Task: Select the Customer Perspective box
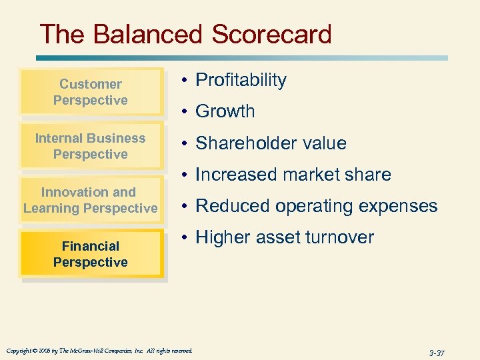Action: tap(91, 92)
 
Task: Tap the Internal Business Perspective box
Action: tap(91, 146)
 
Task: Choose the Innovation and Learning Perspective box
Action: tap(91, 200)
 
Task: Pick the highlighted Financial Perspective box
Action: tap(91, 254)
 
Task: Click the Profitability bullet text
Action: tap(241, 81)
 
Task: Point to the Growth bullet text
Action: tap(225, 111)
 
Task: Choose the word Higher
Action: tap(225, 237)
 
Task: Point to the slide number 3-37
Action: tap(436, 351)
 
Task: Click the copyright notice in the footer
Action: tap(99, 351)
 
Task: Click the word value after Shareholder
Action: tap(325, 143)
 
